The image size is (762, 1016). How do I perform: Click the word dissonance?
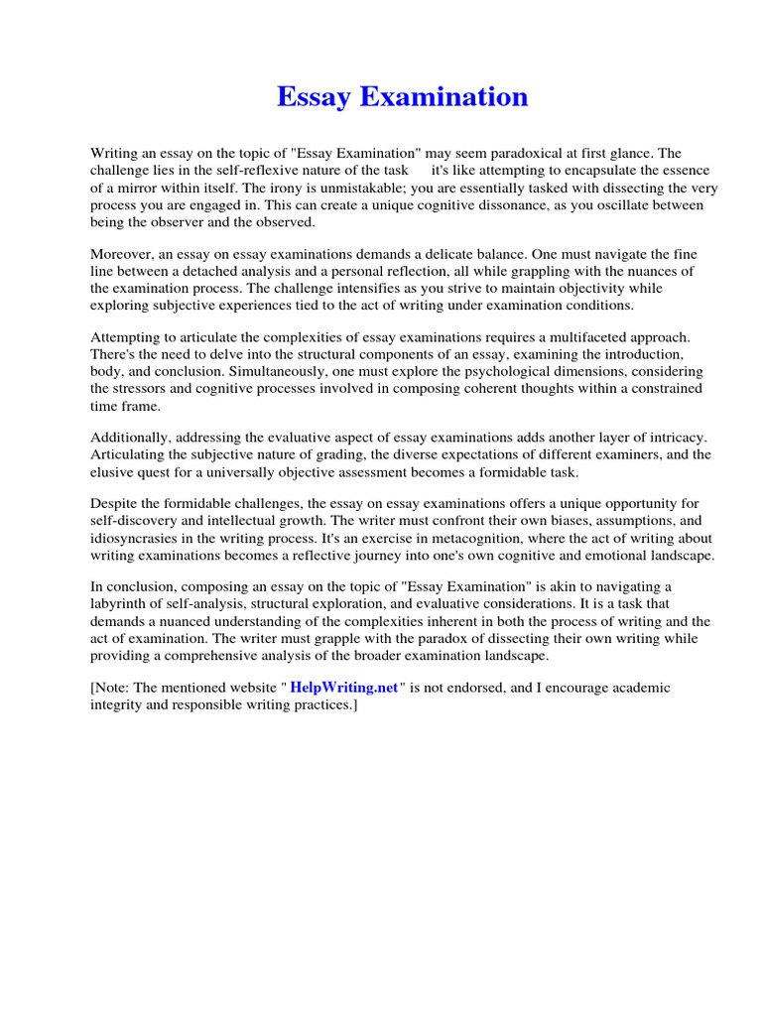click(x=481, y=204)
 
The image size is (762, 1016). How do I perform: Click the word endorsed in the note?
click(x=466, y=688)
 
